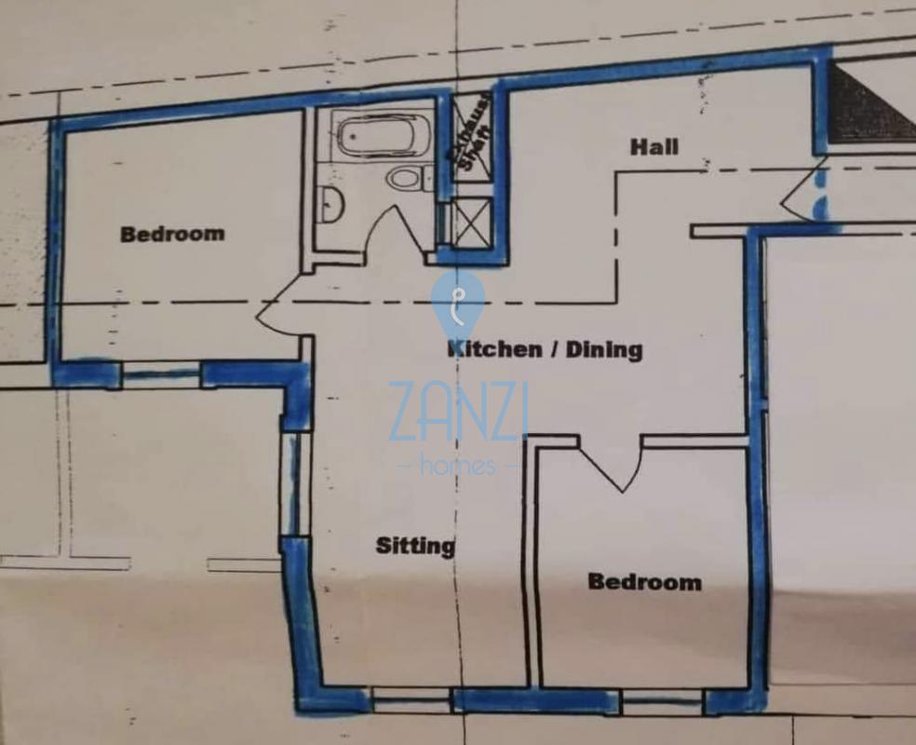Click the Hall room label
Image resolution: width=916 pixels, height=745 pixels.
pos(654,147)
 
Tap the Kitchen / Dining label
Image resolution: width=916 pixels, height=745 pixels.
pos(545,349)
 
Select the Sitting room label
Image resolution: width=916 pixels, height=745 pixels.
pos(415,546)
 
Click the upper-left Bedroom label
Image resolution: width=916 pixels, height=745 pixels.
pos(172,235)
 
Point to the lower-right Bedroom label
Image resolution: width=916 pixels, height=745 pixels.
pos(644,582)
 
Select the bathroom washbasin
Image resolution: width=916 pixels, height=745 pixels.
pos(331,205)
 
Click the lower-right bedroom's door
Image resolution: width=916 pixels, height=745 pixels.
pos(611,465)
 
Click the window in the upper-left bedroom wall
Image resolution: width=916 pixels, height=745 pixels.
pos(162,374)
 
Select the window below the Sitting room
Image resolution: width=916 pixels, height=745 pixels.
pos(411,700)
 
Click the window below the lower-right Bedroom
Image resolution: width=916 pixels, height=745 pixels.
pos(662,702)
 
